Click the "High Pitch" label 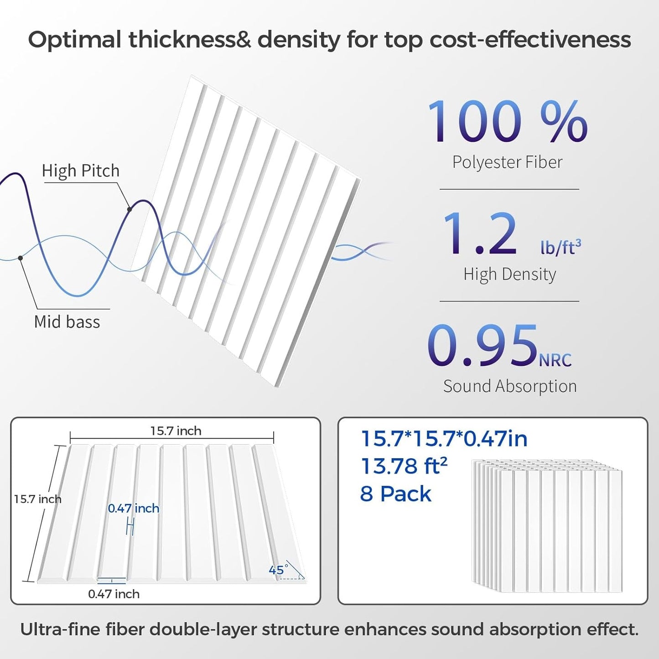81,171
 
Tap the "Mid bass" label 67,322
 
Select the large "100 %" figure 507,122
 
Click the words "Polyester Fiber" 507,162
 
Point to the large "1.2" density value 480,234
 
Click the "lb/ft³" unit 560,247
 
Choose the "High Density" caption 509,275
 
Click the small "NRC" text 555,360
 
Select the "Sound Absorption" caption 510,386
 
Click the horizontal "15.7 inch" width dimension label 176,431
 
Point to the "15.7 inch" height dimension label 37,499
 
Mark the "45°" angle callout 278,570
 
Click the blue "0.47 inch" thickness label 134,509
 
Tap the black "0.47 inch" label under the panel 114,594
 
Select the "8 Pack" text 395,494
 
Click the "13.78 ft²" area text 404,466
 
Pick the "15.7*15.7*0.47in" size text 444,439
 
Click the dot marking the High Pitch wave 130,209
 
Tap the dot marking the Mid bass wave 21,258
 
